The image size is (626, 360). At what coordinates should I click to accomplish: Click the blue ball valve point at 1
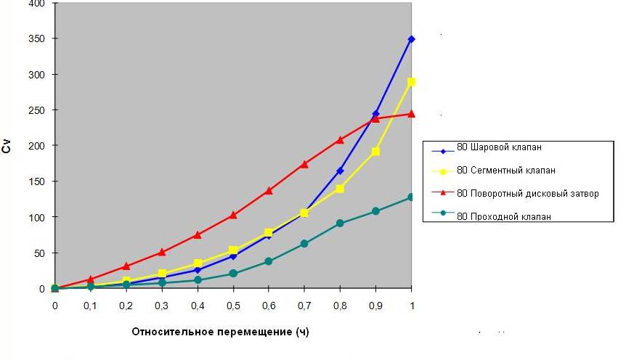[412, 39]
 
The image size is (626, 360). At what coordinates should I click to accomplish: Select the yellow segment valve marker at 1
[412, 82]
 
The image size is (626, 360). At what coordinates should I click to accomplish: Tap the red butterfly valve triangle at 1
[412, 114]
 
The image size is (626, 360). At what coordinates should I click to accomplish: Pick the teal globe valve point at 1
[412, 197]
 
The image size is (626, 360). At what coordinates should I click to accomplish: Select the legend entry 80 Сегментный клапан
[505, 171]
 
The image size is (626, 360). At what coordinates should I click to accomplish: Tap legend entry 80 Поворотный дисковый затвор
[527, 194]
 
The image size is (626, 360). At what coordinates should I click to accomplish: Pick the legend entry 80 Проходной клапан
[503, 216]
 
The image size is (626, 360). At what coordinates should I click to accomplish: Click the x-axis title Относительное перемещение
[220, 332]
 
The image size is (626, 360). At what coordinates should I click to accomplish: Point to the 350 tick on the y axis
[36, 39]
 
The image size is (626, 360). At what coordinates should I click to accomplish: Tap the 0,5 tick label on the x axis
[233, 306]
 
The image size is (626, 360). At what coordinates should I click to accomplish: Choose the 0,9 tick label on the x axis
[376, 306]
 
